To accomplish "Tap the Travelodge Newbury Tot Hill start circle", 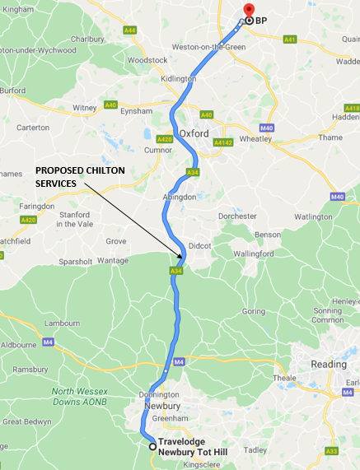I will pyautogui.click(x=152, y=447).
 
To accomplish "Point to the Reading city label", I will pyautogui.click(x=329, y=364).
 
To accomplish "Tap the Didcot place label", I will pyautogui.click(x=200, y=245).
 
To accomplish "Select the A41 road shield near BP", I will pyautogui.click(x=289, y=39).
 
